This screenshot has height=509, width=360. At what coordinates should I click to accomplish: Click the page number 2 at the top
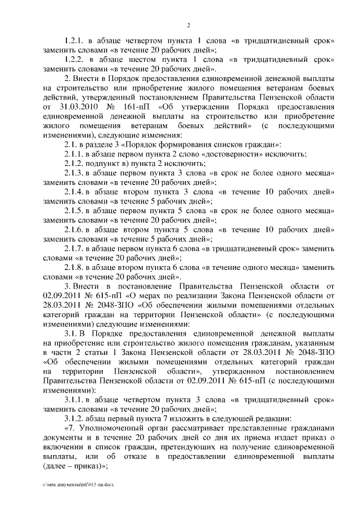pyautogui.click(x=189, y=26)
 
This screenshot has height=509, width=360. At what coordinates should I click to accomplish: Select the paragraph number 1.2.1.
pyautogui.click(x=74, y=41)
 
